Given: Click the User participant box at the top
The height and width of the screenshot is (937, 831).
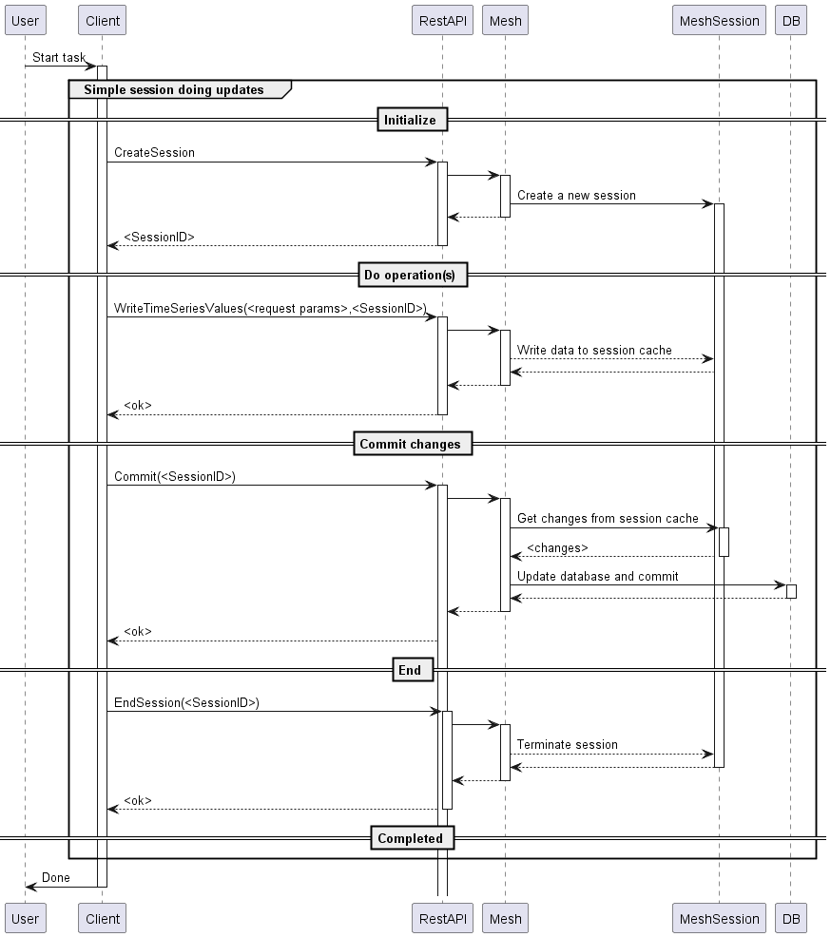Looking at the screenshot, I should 25,21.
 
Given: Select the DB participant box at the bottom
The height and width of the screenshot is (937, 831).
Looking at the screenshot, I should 790,918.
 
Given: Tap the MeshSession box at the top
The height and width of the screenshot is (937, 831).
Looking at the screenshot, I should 720,21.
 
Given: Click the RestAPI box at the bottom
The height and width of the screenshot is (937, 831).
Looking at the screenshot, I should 442,918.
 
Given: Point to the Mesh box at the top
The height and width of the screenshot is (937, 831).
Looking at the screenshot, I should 505,21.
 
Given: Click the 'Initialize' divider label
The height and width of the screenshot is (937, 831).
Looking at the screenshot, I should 410,120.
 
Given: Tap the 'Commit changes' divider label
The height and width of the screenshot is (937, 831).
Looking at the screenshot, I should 410,444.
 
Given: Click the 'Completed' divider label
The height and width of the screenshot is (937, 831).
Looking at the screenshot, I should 410,838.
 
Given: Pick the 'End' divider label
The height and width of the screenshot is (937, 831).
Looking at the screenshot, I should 410,670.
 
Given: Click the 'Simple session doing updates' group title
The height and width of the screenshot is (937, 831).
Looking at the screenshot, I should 174,89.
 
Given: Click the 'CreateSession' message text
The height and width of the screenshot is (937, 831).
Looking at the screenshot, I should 154,152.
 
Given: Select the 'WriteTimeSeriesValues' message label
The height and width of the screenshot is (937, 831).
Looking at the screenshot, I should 269,308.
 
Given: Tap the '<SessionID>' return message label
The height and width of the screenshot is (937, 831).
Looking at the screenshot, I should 159,238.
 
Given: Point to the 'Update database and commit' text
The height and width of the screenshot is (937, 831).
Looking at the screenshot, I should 597,576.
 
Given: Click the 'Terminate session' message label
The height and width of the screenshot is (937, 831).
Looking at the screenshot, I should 567,744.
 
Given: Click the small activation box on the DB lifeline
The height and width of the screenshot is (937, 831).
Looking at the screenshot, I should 791,591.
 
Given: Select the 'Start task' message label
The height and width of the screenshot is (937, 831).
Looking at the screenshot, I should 59,57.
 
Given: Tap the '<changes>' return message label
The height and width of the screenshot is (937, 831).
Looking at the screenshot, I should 557,548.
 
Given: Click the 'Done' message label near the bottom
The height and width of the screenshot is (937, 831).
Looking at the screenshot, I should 55,877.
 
